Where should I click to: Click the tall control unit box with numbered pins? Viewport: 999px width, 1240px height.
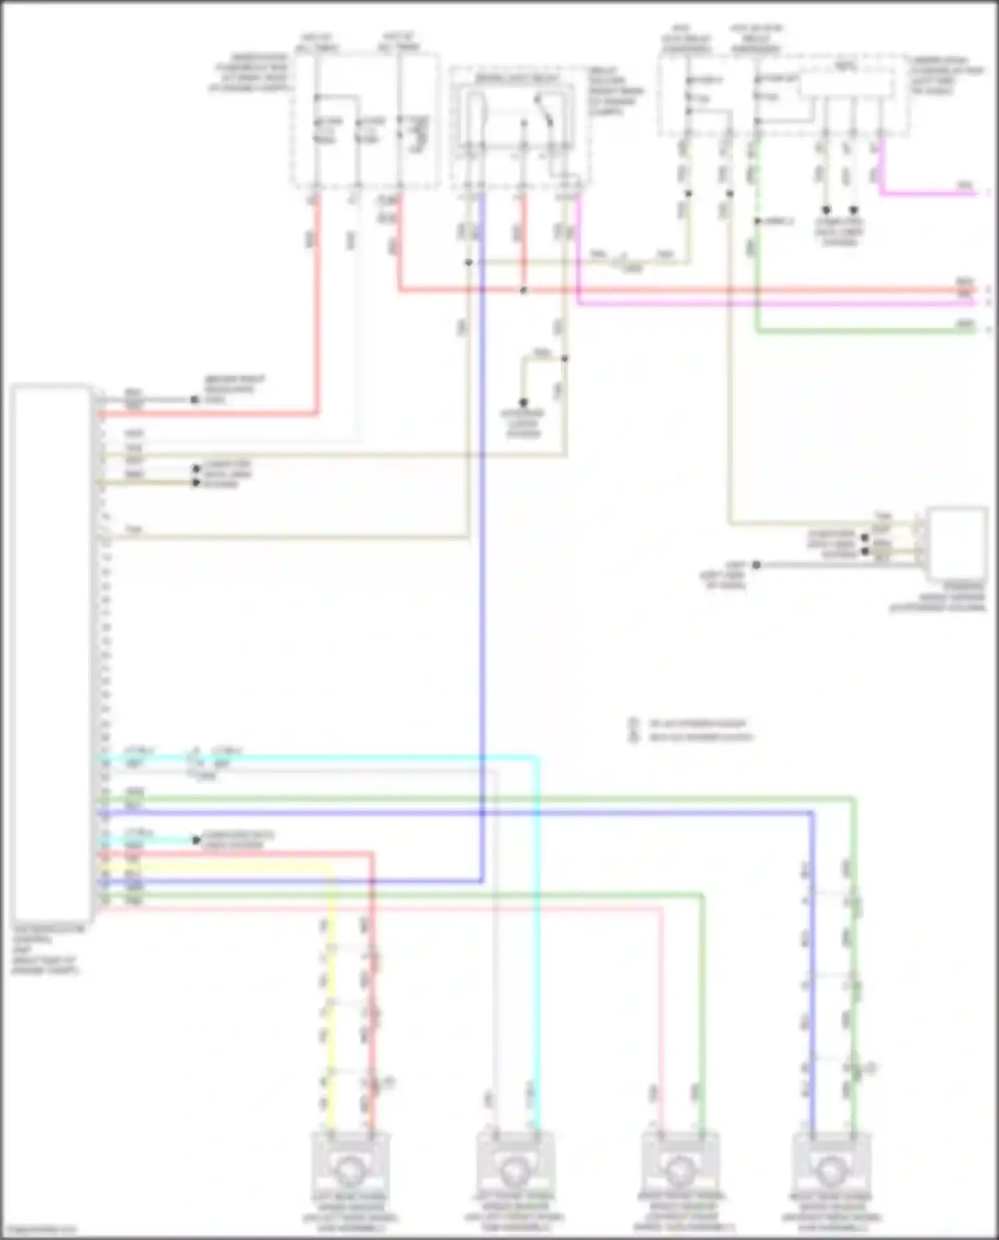point(52,653)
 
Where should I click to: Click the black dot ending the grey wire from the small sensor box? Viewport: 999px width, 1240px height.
point(757,565)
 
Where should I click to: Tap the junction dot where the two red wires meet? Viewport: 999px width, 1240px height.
point(523,291)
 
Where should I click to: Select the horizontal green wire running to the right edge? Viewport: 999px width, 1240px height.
point(866,330)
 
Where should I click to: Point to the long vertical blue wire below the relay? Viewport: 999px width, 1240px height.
point(482,533)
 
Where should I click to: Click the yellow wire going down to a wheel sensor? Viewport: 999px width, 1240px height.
point(332,999)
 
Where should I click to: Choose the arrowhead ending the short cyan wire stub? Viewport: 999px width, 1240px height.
point(196,840)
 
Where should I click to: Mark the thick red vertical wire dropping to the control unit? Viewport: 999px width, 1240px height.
point(317,300)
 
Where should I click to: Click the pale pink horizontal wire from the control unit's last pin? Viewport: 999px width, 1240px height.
point(400,908)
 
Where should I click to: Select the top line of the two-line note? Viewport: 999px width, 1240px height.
point(696,723)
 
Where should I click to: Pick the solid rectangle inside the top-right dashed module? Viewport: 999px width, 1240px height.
point(846,83)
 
